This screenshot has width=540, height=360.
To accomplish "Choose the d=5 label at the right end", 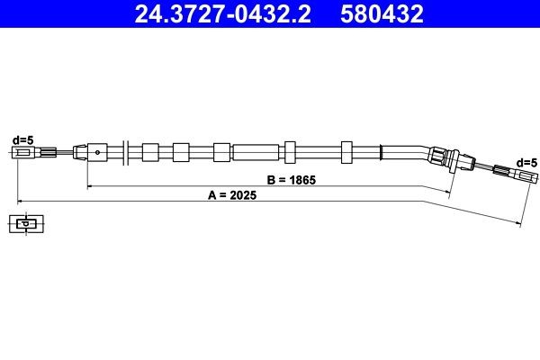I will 526,161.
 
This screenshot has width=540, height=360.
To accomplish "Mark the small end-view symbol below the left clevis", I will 27,223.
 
